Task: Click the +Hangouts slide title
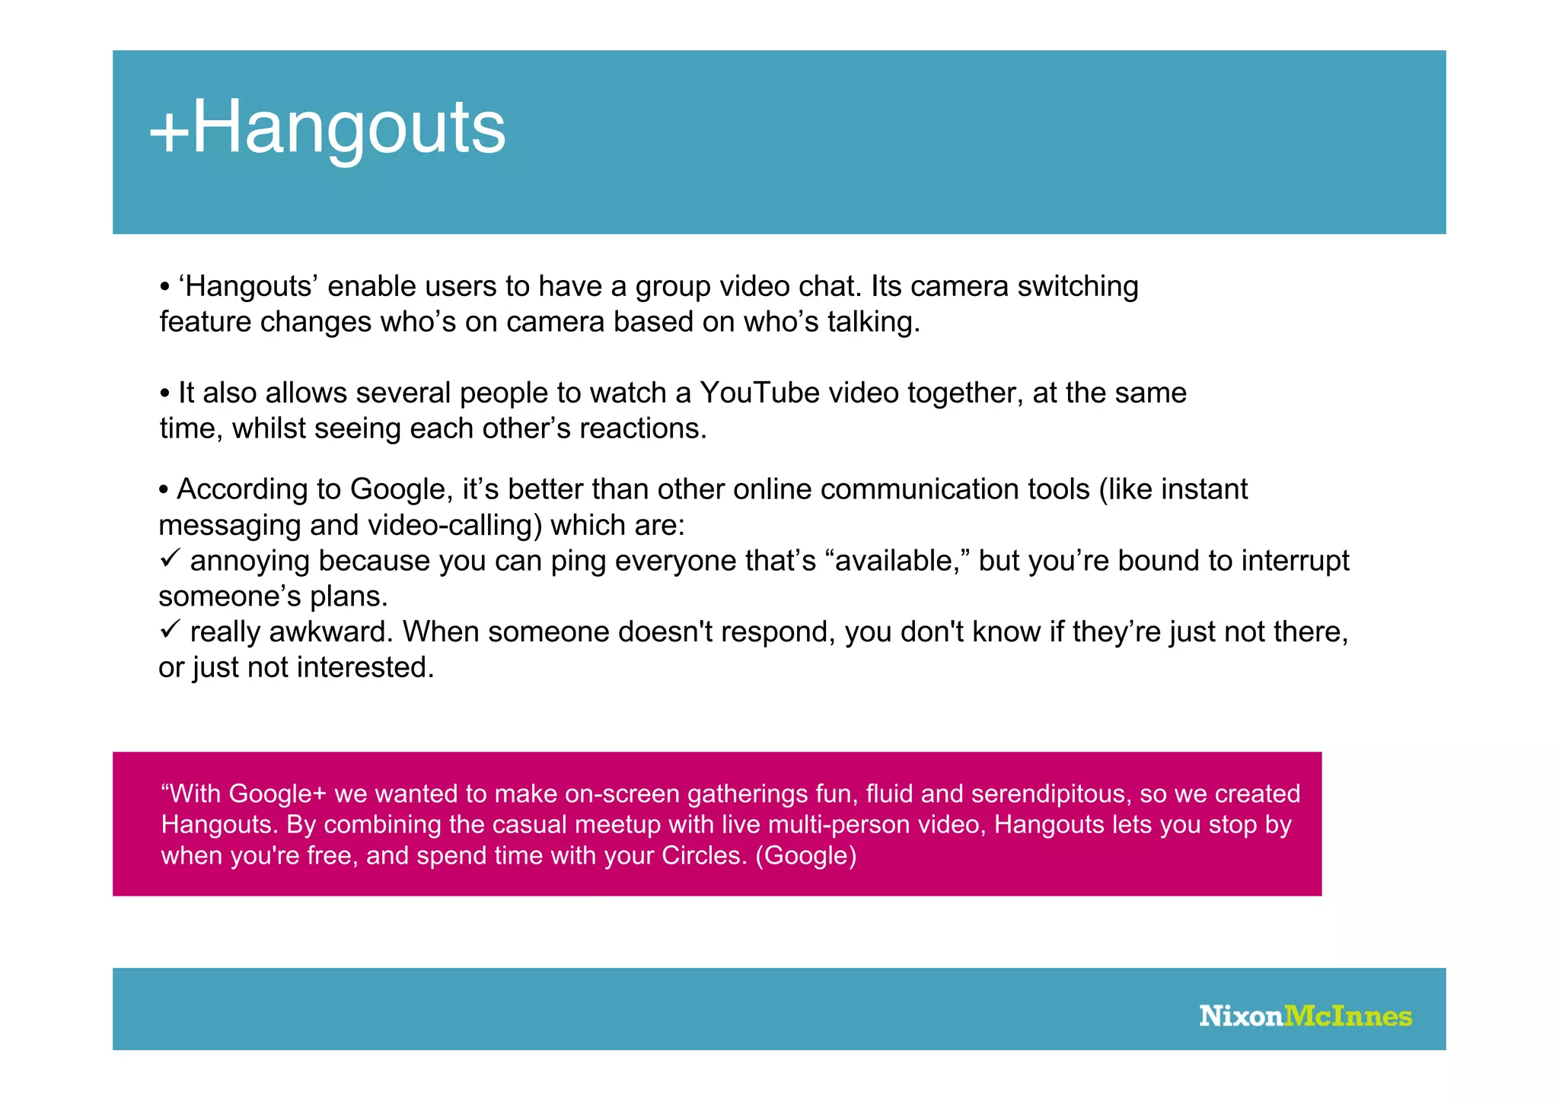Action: pyautogui.click(x=327, y=128)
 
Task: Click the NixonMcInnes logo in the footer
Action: pyautogui.click(x=1305, y=1017)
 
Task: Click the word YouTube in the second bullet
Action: pyautogui.click(x=759, y=393)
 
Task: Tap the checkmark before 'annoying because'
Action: pyautogui.click(x=169, y=558)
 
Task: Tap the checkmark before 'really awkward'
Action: pyautogui.click(x=169, y=629)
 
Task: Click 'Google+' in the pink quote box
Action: pyautogui.click(x=277, y=794)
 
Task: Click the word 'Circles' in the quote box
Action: pyautogui.click(x=703, y=855)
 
